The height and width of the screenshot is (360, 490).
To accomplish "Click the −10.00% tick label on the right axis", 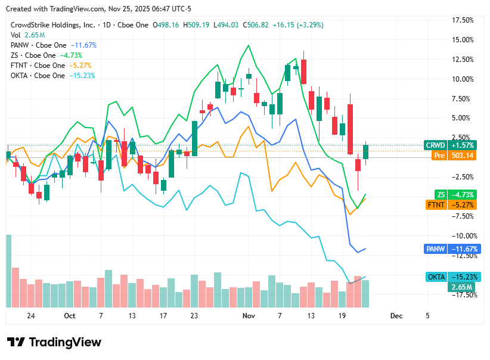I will coord(462,236).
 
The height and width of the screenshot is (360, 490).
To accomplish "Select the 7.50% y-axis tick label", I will coord(464,99).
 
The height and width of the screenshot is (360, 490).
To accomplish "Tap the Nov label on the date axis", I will coord(249,316).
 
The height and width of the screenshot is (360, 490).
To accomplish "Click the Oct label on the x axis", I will coord(70,316).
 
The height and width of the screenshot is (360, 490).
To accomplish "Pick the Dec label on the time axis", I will coord(396,316).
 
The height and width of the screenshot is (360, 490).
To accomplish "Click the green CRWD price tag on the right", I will coord(450,145).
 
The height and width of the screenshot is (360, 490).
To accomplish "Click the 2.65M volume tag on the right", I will coord(461,287).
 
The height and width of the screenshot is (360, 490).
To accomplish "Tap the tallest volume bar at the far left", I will coord(9,271).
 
